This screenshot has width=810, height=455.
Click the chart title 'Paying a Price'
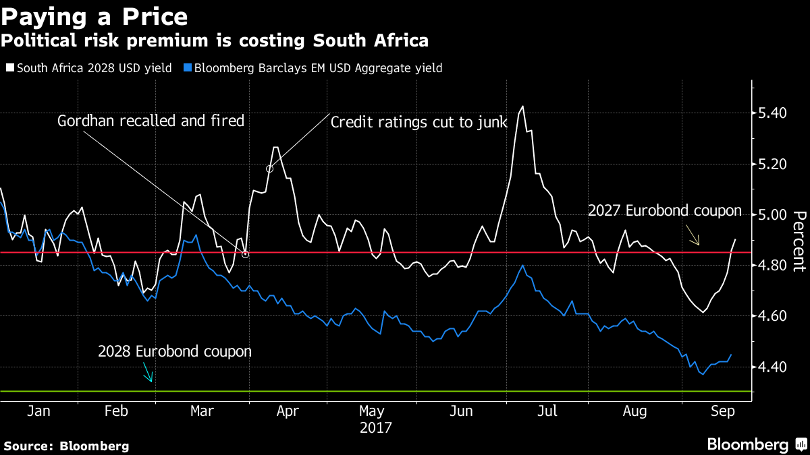94,16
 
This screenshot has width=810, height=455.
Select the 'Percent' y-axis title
799,240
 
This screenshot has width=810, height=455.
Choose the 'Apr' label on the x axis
288,412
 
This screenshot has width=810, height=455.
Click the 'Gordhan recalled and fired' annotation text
151,121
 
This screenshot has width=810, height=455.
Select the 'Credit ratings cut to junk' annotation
418,121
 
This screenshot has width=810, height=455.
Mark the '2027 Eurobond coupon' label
664,211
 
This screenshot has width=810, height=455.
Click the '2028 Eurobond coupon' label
175,351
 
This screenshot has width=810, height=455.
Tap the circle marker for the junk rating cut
270,169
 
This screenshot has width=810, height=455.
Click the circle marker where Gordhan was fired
245,254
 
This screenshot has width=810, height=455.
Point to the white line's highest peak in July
522,106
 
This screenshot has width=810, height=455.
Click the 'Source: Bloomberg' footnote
66,446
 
